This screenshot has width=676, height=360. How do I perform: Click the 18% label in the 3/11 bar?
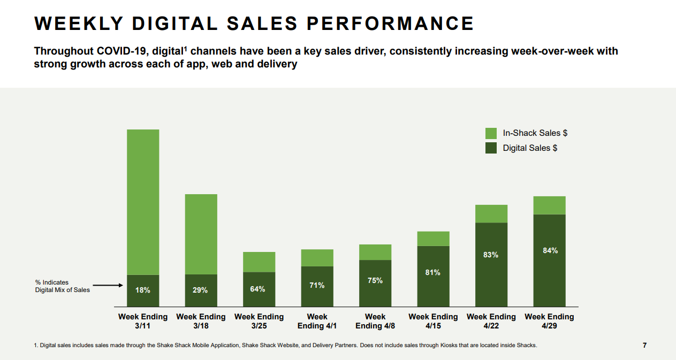point(142,290)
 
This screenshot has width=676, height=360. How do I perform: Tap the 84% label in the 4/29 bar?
point(550,250)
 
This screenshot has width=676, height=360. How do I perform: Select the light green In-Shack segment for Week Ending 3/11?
point(143,202)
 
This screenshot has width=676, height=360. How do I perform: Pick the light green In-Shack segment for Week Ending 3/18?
point(201,234)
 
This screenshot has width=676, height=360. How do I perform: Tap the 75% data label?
point(375,280)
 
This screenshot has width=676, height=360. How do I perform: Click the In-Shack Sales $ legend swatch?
point(491,133)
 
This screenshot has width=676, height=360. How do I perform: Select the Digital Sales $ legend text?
point(530,148)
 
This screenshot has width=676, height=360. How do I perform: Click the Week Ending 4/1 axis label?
point(317,321)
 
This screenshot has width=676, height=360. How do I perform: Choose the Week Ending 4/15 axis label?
point(433,321)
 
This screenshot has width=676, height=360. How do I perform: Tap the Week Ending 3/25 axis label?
point(259,321)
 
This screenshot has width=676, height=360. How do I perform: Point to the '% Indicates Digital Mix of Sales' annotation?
point(62,286)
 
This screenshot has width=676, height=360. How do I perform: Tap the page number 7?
point(644,346)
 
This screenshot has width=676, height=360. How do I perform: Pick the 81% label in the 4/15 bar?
point(433,272)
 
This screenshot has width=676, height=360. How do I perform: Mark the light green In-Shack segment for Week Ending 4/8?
point(375,252)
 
